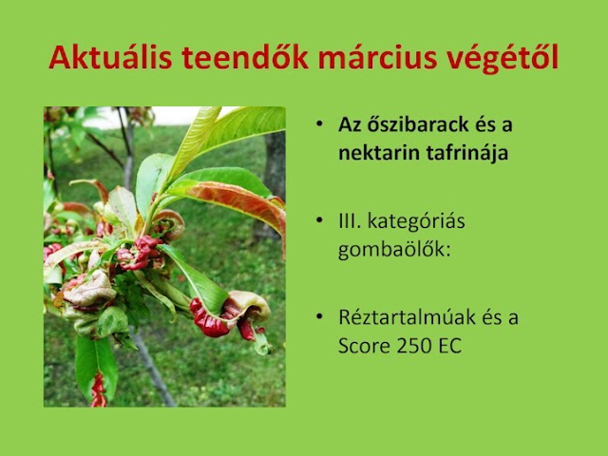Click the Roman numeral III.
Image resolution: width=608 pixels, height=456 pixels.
coord(351,224)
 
